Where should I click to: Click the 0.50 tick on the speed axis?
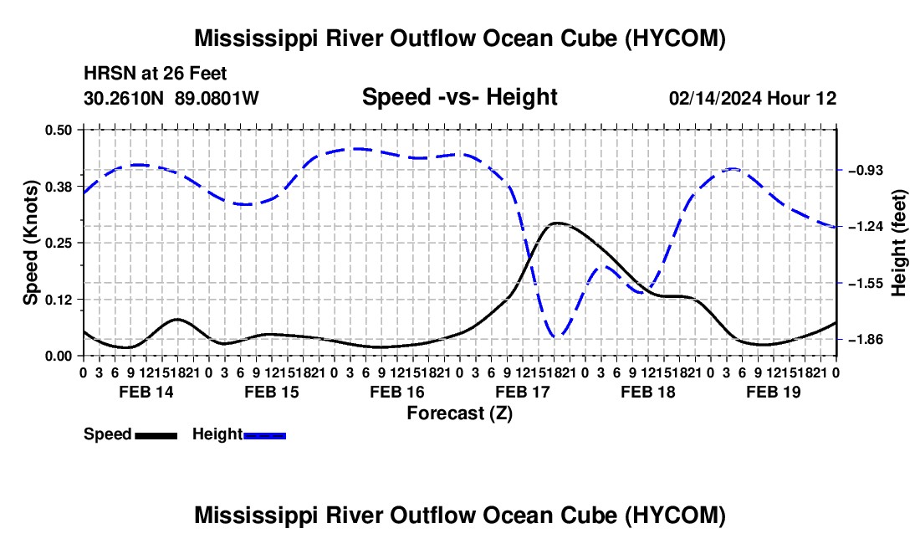pos(58,130)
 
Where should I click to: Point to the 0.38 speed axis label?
pos(58,187)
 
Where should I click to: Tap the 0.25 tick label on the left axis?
pos(58,243)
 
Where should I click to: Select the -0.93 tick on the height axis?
pos(866,170)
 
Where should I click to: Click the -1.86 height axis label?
pos(866,339)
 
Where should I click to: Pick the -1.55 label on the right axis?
pos(866,284)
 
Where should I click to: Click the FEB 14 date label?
pos(146,392)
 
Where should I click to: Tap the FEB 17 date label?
pos(522,392)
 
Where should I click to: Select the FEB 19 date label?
pos(774,392)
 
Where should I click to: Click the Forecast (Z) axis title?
pos(460,413)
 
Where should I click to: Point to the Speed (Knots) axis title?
pos(30,243)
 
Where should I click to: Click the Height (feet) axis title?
pos(898,243)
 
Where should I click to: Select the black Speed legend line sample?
pos(156,435)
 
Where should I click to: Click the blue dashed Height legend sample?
pos(264,435)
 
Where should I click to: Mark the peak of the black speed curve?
pos(556,223)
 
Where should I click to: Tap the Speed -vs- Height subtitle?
pos(459,97)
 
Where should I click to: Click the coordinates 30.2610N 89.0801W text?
pos(171,98)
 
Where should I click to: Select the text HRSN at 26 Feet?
pos(155,74)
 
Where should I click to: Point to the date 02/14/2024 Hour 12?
pos(753,98)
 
